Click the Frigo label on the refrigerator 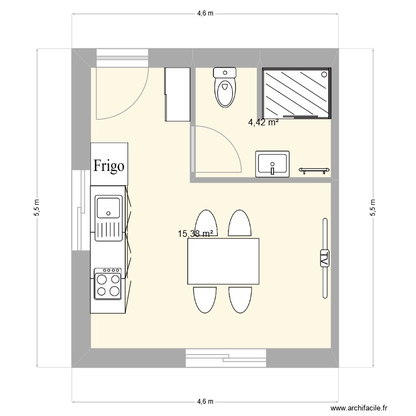[x=109, y=165]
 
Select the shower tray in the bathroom [x=297, y=93]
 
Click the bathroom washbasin [x=272, y=164]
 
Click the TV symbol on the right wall [x=324, y=258]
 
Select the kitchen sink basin [x=108, y=207]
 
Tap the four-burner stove [x=108, y=284]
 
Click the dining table [x=224, y=261]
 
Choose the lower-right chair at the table [x=240, y=300]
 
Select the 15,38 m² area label [x=196, y=234]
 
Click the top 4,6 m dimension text [x=205, y=13]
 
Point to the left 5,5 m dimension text [x=37, y=208]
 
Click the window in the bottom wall [x=226, y=358]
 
